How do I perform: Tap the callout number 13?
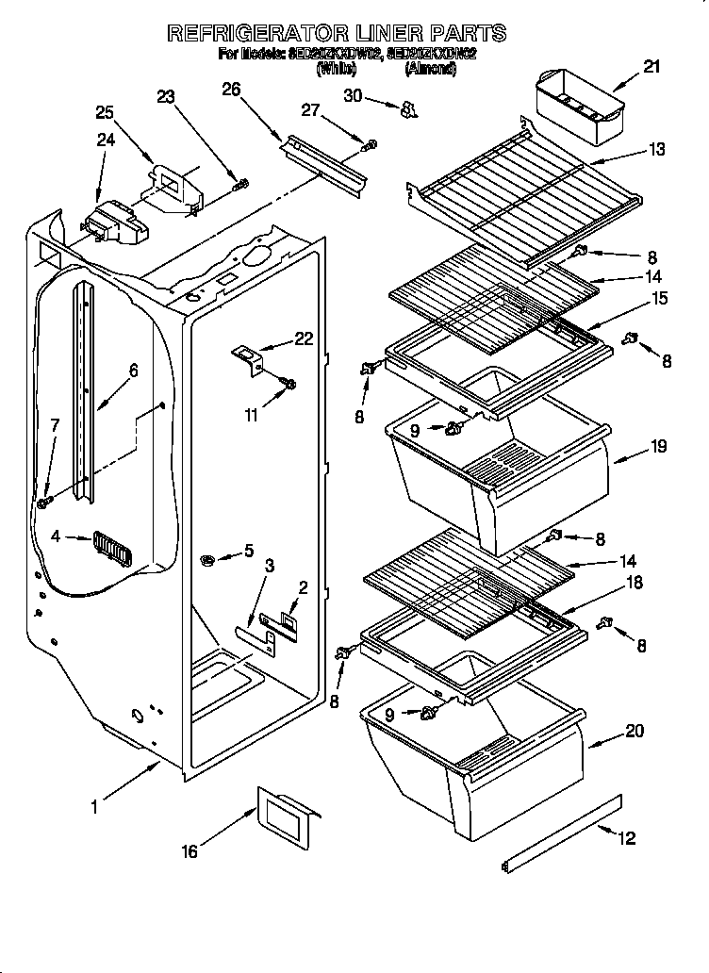pyautogui.click(x=656, y=149)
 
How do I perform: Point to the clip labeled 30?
pyautogui.click(x=407, y=110)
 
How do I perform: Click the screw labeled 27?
pyautogui.click(x=371, y=144)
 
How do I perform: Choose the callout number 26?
pyautogui.click(x=231, y=91)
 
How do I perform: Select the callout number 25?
pyautogui.click(x=105, y=112)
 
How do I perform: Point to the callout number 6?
pyautogui.click(x=133, y=371)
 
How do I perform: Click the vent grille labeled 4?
pyautogui.click(x=110, y=548)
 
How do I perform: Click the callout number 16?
pyautogui.click(x=190, y=851)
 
